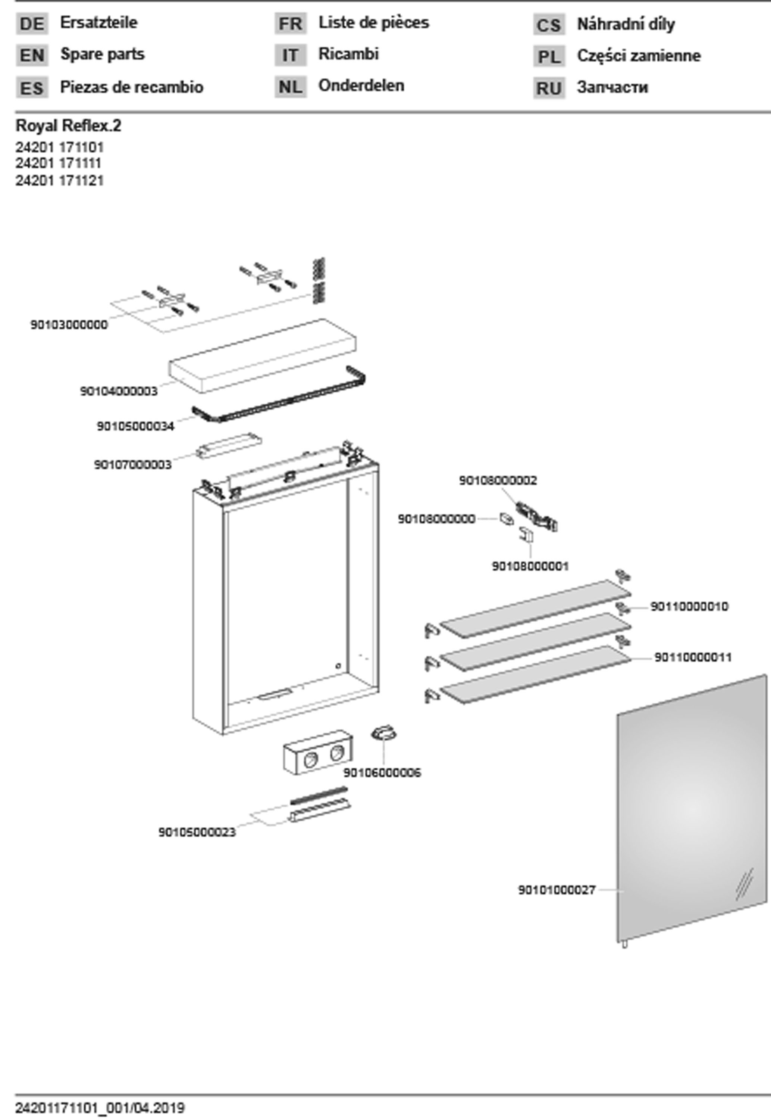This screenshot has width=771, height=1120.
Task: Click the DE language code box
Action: point(32,24)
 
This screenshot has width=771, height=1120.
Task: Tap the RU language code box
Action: point(549,88)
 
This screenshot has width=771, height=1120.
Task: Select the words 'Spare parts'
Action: point(102,54)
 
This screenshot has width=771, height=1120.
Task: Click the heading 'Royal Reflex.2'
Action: point(69,126)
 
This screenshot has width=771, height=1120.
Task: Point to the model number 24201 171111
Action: point(59,164)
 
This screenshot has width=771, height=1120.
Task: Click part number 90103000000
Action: point(69,325)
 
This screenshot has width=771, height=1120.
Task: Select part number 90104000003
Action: point(119,391)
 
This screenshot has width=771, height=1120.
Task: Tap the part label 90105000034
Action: point(135,426)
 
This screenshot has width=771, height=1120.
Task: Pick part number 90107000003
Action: point(133,464)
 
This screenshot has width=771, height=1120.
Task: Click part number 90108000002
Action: point(498,480)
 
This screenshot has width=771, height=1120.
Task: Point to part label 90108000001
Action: point(530,566)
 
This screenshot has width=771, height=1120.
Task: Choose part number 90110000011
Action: point(693,657)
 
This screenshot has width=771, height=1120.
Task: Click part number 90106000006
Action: point(382,772)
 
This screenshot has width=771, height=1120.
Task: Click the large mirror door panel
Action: point(691,807)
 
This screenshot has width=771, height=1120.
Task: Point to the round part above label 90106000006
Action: point(384,734)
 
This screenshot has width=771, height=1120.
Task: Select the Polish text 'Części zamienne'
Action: point(639,56)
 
